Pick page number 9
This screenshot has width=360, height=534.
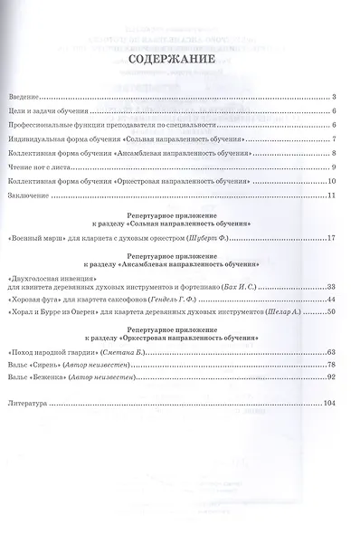[x=334, y=167]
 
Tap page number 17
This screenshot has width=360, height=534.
[x=332, y=238]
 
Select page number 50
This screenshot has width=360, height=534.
[x=332, y=312]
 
